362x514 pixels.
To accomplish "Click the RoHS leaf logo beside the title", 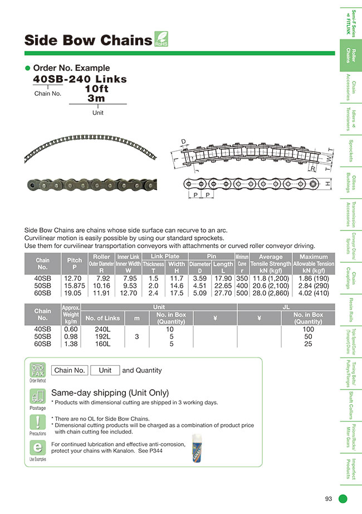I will (x=160, y=40).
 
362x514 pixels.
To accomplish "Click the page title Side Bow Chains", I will (x=88, y=41).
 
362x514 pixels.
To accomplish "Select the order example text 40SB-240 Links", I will (x=80, y=79).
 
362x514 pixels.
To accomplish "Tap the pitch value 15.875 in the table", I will (x=74, y=286).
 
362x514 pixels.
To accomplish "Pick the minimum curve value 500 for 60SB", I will (x=242, y=293).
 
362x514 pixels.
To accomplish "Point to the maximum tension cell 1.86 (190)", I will (x=314, y=278).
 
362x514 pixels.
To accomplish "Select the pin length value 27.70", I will (x=223, y=293).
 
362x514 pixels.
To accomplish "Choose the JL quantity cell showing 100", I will (x=308, y=329).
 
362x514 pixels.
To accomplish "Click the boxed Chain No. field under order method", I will (x=70, y=370).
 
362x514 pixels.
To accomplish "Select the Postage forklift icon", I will (x=37, y=398).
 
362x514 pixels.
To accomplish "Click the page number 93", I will (x=329, y=498).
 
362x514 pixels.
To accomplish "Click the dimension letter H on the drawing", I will (x=327, y=183).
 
